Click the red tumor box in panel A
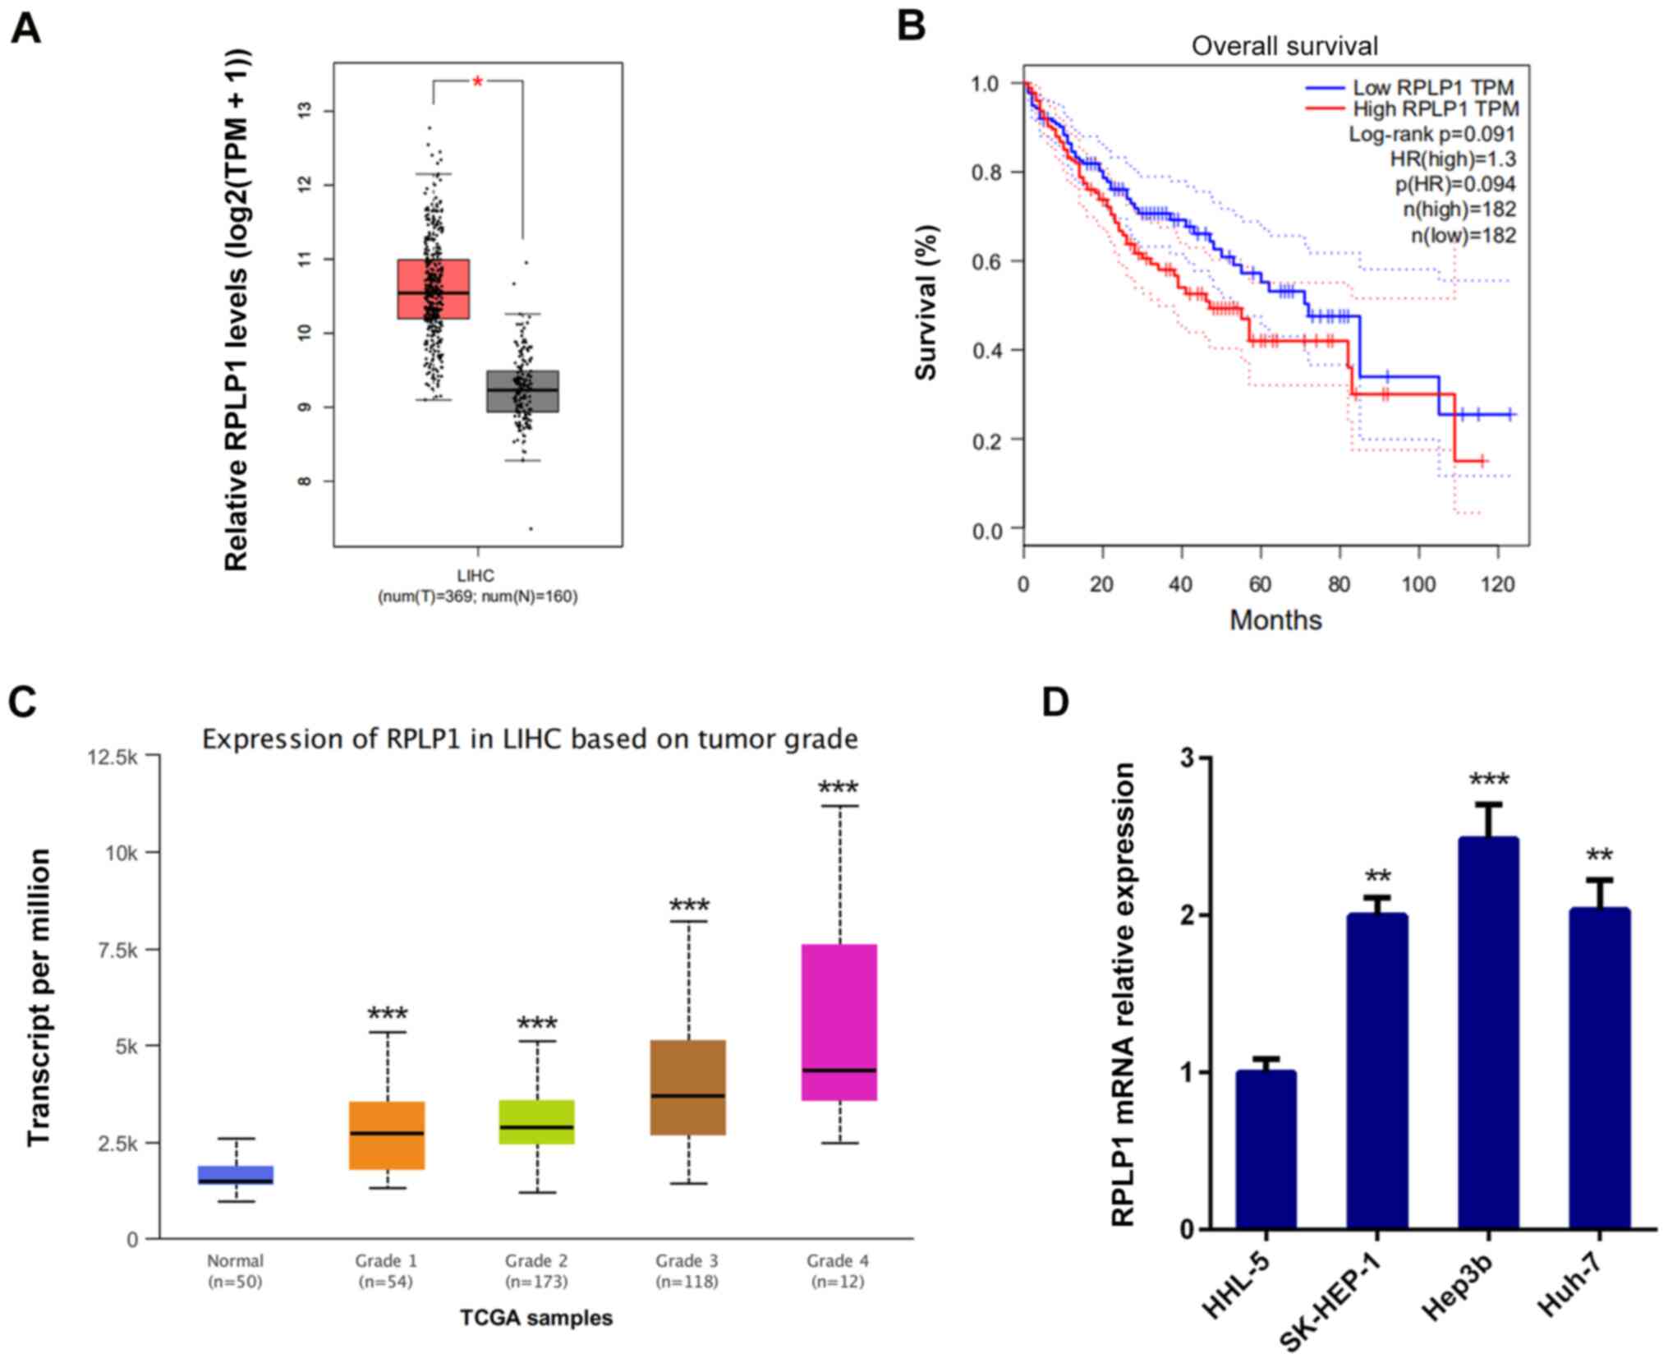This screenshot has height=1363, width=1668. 433,288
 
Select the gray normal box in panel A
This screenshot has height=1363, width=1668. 522,391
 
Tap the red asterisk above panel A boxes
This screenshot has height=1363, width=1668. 477,82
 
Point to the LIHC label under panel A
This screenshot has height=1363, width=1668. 476,576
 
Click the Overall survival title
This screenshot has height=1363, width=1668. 1284,46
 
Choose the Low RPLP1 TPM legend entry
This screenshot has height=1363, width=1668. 1432,87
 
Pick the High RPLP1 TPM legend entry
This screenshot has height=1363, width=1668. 1435,108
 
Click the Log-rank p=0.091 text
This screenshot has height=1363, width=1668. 1431,134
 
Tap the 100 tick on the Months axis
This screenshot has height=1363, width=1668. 1418,584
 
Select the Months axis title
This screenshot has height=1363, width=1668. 1275,620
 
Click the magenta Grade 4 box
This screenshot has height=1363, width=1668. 839,1021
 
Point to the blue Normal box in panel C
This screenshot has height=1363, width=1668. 236,1175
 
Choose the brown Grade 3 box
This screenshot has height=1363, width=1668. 688,1087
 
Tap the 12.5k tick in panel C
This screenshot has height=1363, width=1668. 113,757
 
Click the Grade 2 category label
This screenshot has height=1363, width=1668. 536,1260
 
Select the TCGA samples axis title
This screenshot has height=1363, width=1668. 535,1318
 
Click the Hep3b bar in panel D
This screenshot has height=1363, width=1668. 1488,1033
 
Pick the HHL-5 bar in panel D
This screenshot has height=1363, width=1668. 1266,1149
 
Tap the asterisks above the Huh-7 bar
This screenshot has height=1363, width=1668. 1599,857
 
